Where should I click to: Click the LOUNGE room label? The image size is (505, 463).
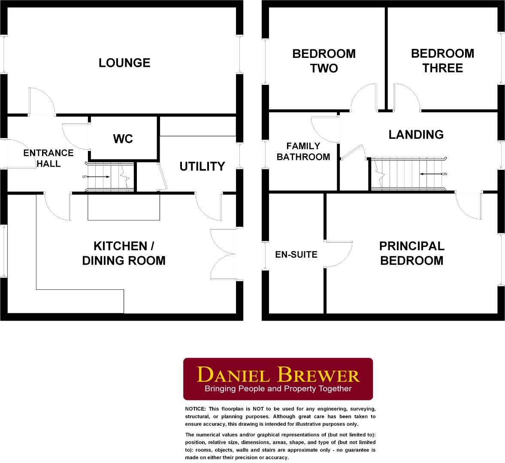click(x=124, y=63)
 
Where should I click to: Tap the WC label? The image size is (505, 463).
click(x=123, y=139)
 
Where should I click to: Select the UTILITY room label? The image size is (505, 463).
click(x=202, y=166)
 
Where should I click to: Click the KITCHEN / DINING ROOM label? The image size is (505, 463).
click(x=124, y=253)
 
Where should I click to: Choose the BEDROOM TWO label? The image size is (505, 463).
click(x=324, y=61)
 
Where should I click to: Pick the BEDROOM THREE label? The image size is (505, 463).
click(x=442, y=60)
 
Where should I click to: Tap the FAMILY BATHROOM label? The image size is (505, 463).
click(x=303, y=152)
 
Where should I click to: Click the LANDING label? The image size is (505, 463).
click(x=416, y=135)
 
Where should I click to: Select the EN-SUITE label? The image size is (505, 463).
click(x=296, y=255)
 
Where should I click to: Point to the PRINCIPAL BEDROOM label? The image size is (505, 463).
click(x=411, y=253)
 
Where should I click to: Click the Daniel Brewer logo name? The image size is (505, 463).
click(x=278, y=375)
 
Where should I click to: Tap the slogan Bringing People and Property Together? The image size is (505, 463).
click(x=278, y=389)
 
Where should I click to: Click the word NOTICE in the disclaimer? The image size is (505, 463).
click(x=195, y=409)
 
